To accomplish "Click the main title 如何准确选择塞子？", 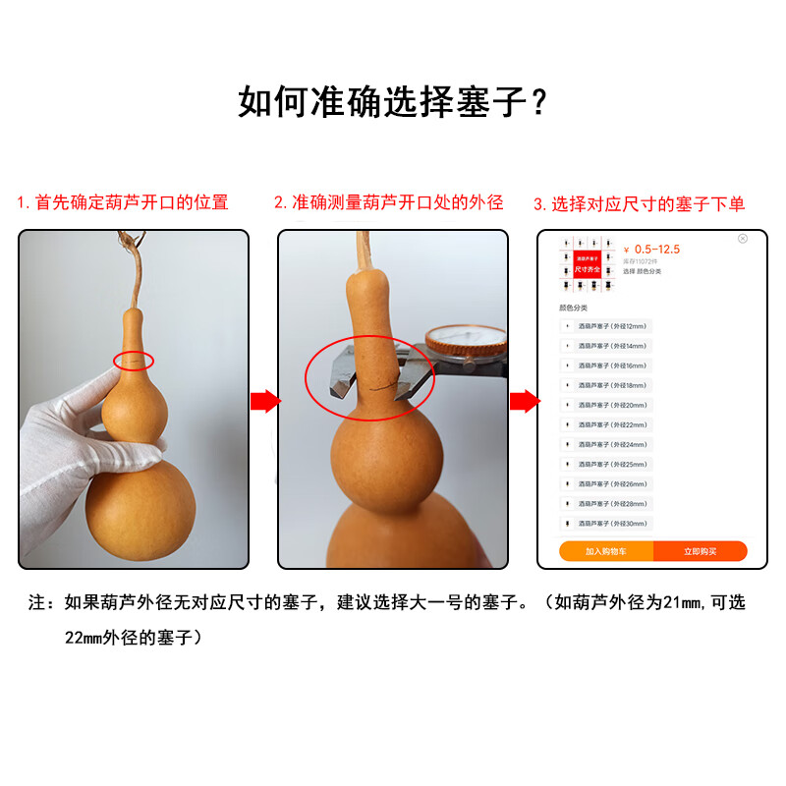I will pos(393,101).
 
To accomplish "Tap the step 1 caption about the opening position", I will pos(122,203).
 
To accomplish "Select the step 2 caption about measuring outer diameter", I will pos(388,203).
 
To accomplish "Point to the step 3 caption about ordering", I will pos(639,204).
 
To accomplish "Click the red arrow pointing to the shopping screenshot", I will pos(524,401).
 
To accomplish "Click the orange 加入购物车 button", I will pos(606,551).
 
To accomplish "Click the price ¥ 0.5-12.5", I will pos(652,250).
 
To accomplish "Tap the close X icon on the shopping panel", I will pos(743,239).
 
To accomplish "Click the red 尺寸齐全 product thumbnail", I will pos(588,263).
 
